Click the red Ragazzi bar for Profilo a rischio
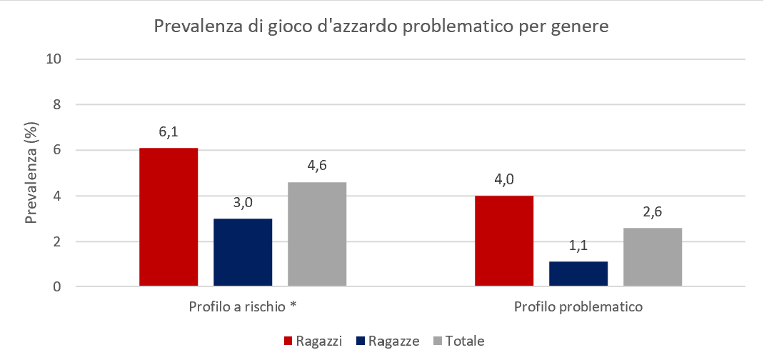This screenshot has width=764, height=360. point(169,217)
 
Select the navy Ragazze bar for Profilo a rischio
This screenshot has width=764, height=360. point(243,253)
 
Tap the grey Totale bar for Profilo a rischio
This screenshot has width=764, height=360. point(317,234)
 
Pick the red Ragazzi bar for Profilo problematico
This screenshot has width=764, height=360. point(504,241)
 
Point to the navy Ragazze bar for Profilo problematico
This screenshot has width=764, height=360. point(578,274)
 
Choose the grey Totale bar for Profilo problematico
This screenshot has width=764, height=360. point(653,257)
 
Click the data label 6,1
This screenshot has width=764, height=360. point(169,134)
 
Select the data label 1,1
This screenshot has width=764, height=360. point(578,247)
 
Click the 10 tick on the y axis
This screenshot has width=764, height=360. point(51,59)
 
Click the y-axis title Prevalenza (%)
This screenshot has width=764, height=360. point(31,173)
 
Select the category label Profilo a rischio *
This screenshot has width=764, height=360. point(243,307)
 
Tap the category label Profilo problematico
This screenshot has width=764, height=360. point(578,307)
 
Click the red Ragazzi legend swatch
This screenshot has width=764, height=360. point(289,341)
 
